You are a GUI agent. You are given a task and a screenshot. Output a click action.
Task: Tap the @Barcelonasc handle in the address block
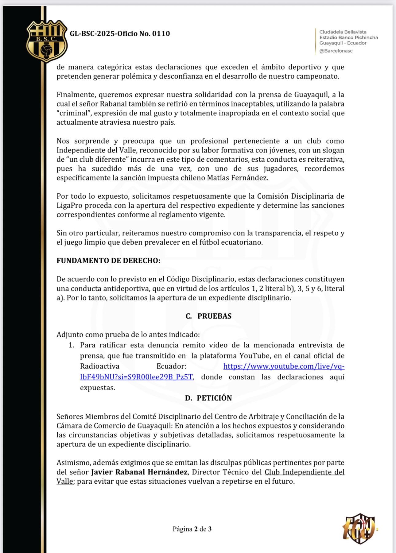pyautogui.click(x=336, y=51)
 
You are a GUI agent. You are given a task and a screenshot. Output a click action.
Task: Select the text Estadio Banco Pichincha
pyautogui.click(x=348, y=37)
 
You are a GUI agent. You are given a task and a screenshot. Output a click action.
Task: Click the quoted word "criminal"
pyautogui.click(x=73, y=113)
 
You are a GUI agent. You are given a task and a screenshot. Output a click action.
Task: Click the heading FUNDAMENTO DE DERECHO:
pyautogui.click(x=108, y=261)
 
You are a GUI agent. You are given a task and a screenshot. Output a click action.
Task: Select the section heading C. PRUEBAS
pyautogui.click(x=208, y=316)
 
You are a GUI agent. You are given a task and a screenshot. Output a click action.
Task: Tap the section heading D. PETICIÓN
pyautogui.click(x=208, y=398)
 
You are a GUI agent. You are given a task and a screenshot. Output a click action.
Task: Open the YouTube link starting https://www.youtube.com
pyautogui.click(x=284, y=366)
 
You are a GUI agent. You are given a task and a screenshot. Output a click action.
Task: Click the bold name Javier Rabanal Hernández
pyautogui.click(x=139, y=472)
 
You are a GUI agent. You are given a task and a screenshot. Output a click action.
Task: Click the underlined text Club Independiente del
pyautogui.click(x=304, y=472)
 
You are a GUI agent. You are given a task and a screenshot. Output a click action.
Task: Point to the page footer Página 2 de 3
pyautogui.click(x=192, y=529)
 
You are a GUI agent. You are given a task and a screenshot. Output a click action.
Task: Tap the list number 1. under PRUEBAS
pyautogui.click(x=72, y=345)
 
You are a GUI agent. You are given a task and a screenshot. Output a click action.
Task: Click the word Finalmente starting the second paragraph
pyautogui.click(x=76, y=95)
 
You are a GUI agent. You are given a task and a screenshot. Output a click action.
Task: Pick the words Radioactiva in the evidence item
pyautogui.click(x=99, y=366)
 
